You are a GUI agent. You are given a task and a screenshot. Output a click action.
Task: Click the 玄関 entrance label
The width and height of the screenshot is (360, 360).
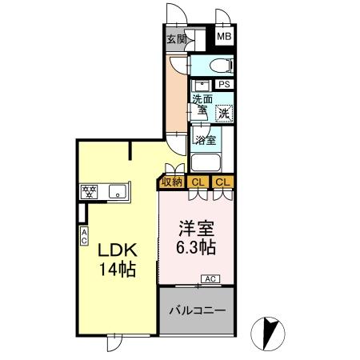click(177, 39)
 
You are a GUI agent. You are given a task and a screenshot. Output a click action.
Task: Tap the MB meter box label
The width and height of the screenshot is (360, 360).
click(224, 36)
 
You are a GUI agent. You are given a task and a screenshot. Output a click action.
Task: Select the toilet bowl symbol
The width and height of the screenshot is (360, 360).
click(221, 66)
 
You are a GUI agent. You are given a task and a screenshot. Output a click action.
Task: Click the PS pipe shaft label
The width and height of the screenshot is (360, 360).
click(224, 84)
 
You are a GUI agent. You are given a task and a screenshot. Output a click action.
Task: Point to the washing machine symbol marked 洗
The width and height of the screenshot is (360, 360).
click(224, 114)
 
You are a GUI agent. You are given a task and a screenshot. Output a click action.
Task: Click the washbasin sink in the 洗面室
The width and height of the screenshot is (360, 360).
click(202, 86)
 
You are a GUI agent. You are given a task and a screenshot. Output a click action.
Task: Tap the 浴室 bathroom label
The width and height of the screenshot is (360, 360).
click(206, 140)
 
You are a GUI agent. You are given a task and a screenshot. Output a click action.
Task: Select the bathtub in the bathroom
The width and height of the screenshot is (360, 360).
click(206, 162)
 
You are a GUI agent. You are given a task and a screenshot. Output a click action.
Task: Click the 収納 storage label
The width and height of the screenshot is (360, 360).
click(172, 182)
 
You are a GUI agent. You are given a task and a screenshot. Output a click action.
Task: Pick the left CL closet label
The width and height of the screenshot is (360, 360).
click(198, 182)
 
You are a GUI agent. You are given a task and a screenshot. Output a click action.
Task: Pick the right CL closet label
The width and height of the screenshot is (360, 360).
click(222, 182)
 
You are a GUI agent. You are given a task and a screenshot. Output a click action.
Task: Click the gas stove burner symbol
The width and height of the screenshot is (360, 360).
click(89, 192)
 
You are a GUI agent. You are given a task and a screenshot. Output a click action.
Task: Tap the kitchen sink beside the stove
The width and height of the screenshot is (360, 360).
click(118, 191)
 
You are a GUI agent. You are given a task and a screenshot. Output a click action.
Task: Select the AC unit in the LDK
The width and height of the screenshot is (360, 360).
click(84, 236)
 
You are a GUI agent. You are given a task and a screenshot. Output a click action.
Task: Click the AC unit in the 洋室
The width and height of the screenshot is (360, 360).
click(210, 279)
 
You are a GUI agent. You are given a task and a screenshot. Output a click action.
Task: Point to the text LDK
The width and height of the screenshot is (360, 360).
click(118, 250)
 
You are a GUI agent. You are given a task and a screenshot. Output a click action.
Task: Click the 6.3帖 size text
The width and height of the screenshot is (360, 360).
click(196, 248)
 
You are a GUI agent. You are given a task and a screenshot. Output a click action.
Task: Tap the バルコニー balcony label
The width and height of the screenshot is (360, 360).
click(198, 310)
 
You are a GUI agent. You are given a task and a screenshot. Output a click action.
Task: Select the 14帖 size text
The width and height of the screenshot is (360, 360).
click(118, 270)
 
